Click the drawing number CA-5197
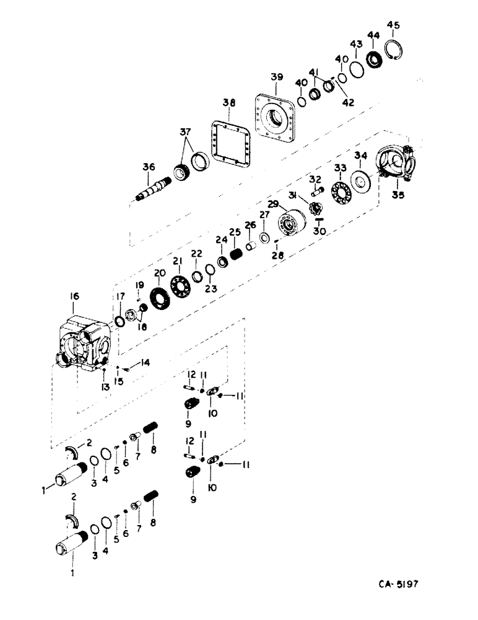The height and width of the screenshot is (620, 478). tap(402, 584)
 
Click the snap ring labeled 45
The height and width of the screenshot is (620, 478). tap(392, 50)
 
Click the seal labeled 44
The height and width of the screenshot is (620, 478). tap(373, 60)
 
